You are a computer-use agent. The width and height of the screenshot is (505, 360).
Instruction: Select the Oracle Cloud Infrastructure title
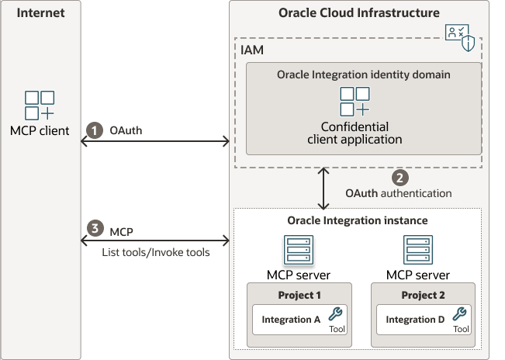click(358, 13)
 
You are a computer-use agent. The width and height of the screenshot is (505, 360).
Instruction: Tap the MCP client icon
click(40, 106)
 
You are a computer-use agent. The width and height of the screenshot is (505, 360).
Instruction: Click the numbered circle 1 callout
click(94, 131)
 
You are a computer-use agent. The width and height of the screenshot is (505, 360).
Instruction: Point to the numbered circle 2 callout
click(400, 176)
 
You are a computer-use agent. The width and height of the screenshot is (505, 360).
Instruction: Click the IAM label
click(254, 49)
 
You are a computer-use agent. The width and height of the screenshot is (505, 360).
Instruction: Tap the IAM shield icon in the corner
click(459, 36)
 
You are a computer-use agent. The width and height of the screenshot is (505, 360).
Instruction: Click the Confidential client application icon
click(355, 102)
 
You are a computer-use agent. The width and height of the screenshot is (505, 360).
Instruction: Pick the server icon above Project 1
click(299, 251)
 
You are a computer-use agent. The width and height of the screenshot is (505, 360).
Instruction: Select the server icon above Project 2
click(418, 251)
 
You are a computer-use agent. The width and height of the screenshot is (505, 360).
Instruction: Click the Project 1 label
click(299, 295)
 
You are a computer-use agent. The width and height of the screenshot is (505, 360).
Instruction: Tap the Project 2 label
click(424, 295)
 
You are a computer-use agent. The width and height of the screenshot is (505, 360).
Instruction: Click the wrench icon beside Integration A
click(335, 314)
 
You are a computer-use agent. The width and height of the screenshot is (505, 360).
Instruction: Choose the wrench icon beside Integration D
click(460, 314)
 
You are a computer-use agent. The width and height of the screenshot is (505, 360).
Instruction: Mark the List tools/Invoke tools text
click(155, 252)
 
